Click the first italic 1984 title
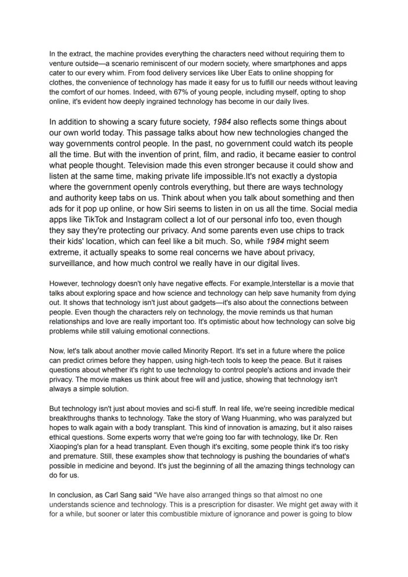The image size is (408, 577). [x=221, y=122]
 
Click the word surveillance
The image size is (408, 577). [x=74, y=263]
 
